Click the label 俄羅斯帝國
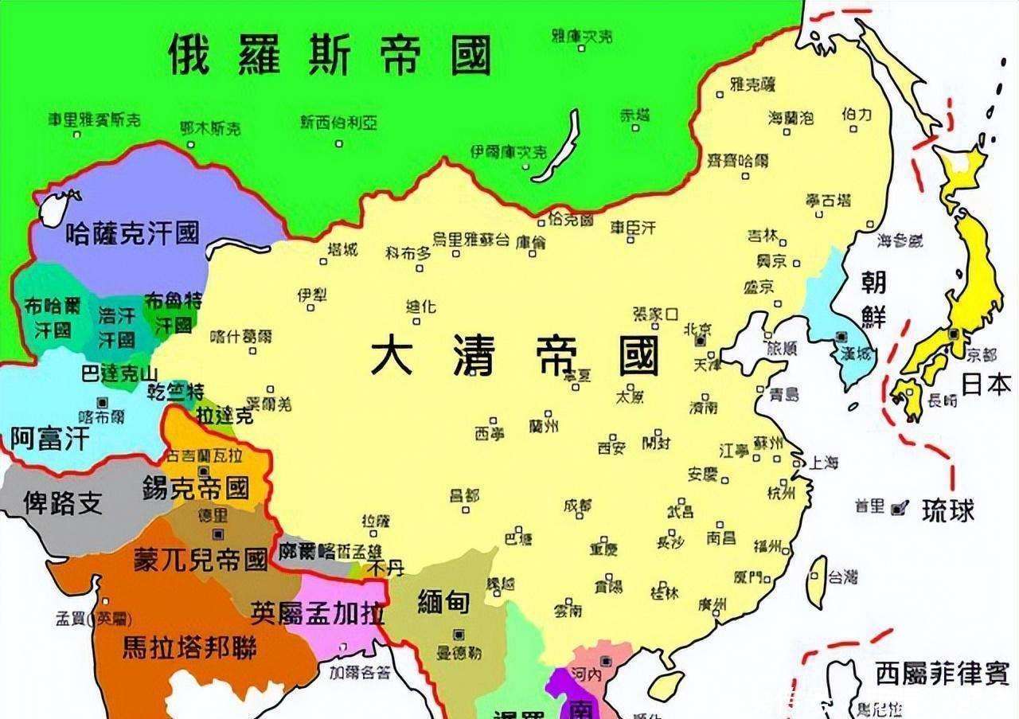330,54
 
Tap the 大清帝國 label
515,355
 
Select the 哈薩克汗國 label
132,233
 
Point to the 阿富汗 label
49,437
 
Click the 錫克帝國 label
195,486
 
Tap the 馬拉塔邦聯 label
189,647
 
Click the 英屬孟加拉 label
318,612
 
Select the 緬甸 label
443,603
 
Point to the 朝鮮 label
873,299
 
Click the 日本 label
986,385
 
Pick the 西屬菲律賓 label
942,674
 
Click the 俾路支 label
63,502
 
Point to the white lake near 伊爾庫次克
557,147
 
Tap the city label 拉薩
376,521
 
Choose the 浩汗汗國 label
116,326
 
